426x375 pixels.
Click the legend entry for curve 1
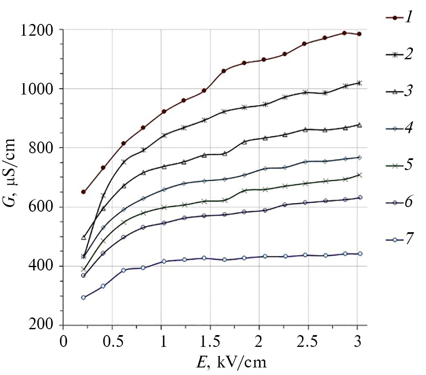click(399, 18)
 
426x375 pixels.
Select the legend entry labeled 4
click(399, 128)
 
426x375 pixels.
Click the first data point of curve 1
click(83, 192)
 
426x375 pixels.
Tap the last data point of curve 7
click(359, 254)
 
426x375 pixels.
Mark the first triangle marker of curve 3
click(83, 238)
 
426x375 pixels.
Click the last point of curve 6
click(359, 197)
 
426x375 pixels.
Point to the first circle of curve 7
click(83, 298)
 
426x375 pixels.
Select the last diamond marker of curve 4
click(359, 157)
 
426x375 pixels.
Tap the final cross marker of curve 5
click(359, 175)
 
